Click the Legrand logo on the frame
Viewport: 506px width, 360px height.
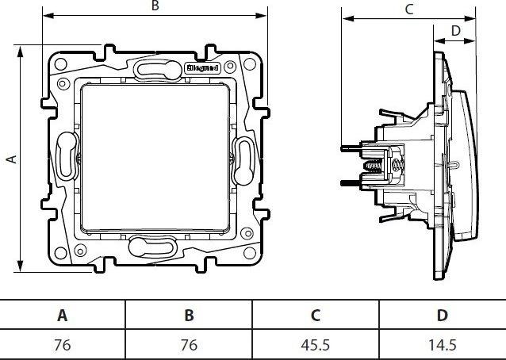202,68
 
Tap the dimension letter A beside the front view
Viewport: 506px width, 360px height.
12,159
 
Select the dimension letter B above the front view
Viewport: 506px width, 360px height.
155,6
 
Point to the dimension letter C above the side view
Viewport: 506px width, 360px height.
409,10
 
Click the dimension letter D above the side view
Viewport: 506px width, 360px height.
455,31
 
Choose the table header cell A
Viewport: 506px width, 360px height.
63,315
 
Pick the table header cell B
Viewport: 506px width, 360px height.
189,315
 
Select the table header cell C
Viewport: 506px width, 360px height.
316,315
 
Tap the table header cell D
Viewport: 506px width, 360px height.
442,315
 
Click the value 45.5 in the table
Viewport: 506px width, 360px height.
316,345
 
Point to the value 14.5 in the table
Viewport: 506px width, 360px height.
442,345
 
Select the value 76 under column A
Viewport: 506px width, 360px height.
63,345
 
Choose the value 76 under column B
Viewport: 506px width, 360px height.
189,345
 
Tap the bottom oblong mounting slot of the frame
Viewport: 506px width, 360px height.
152,247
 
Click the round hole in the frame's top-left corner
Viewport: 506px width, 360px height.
60,64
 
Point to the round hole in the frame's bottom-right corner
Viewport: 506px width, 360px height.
250,253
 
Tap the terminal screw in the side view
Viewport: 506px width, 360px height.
373,167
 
